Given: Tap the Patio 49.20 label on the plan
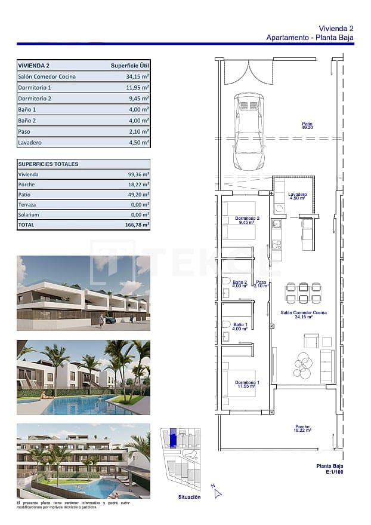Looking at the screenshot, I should (307, 125).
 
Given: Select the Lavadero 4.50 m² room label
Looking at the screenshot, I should (297, 196).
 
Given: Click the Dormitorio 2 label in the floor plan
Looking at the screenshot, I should (247, 220).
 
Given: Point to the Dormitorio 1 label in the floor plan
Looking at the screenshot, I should (247, 384).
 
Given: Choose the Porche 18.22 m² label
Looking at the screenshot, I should (302, 429).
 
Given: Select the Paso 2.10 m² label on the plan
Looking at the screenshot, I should (261, 284).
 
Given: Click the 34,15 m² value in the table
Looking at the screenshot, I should (137, 76).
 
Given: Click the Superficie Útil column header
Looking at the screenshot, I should (129, 66).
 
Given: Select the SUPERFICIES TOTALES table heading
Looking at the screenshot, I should (48, 164).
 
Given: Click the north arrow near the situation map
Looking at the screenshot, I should (218, 493).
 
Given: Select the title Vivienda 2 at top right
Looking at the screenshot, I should (336, 28).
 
